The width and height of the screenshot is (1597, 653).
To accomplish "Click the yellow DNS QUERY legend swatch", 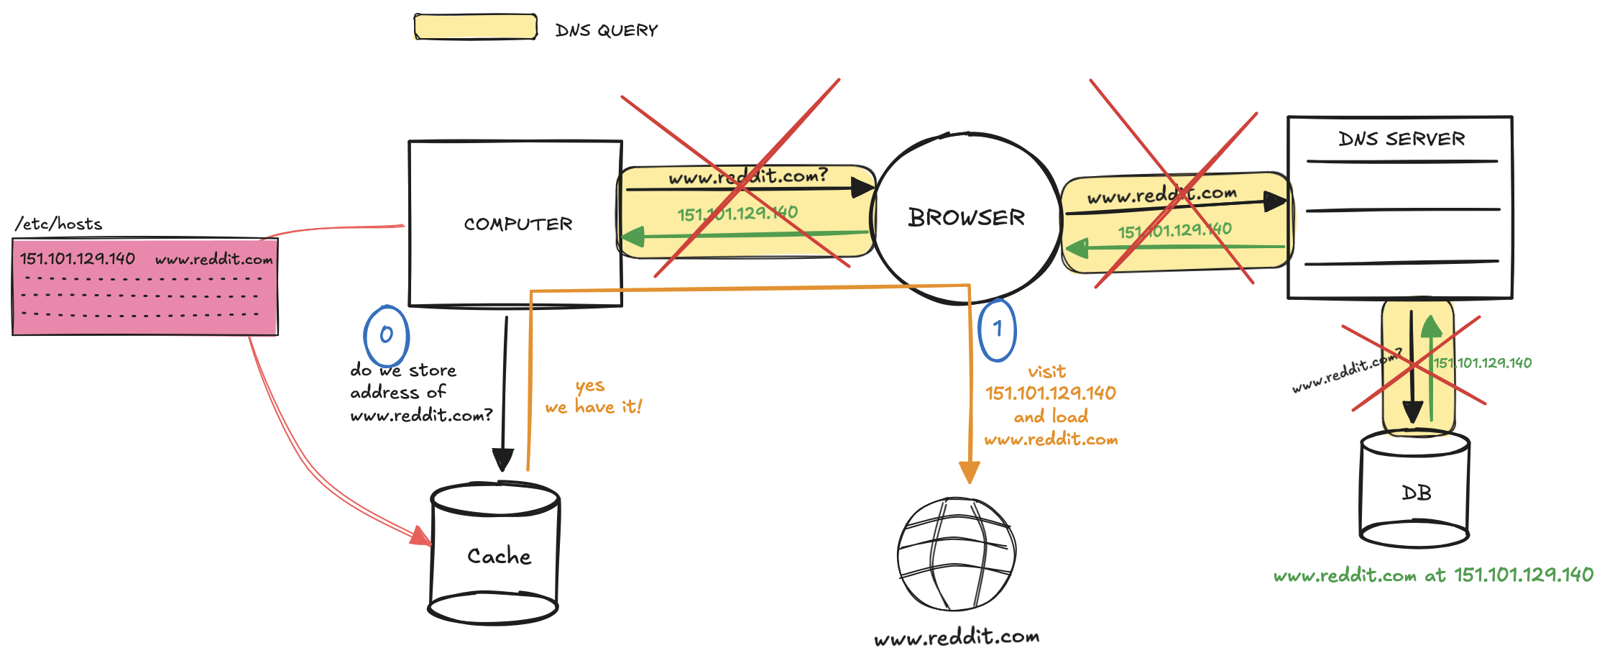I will (x=475, y=27).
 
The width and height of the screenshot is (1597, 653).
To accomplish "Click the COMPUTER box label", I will (x=517, y=224).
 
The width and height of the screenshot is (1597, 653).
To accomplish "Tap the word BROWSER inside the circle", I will (x=966, y=217).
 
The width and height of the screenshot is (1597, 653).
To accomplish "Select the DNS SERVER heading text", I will (x=1401, y=139).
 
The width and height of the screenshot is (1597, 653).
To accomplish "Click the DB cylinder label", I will (x=1416, y=493).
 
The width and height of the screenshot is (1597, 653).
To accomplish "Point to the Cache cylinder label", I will (x=499, y=556).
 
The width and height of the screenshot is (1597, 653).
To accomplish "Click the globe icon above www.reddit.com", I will (x=956, y=553).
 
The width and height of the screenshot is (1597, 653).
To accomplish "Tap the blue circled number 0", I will (x=387, y=335).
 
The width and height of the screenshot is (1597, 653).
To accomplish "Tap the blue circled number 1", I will (x=998, y=329).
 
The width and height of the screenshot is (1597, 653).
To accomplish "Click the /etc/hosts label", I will (x=59, y=224).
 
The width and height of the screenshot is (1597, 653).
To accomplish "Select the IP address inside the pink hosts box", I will (x=78, y=259).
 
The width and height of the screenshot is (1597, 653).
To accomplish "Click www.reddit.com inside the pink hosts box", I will (x=214, y=260).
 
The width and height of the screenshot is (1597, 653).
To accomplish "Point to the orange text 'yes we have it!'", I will (x=593, y=397).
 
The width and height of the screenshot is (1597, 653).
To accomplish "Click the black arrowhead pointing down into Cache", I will (x=502, y=460).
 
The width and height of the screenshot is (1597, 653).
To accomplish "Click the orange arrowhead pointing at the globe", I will (x=969, y=472).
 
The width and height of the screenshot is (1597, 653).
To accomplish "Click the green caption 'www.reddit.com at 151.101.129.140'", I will (x=1433, y=575).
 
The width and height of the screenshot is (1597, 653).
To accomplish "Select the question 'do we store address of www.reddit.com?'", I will (x=420, y=393).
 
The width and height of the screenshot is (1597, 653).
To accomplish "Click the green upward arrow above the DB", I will (x=1431, y=328).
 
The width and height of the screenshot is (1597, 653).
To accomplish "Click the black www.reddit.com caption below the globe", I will (x=957, y=637).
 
